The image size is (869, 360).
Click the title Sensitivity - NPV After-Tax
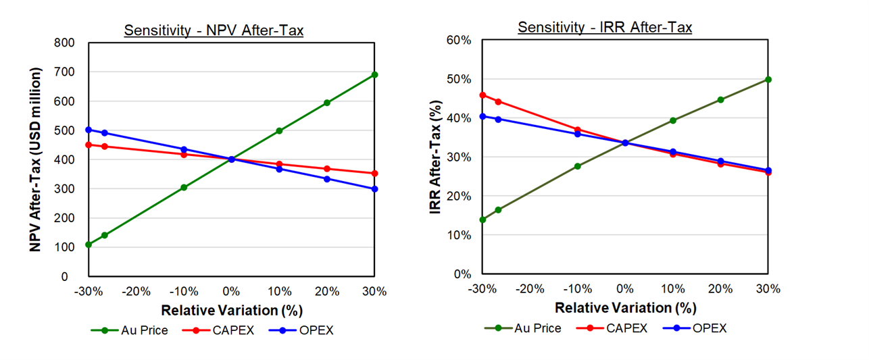click(214, 30)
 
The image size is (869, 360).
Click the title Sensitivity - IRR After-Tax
click(605, 27)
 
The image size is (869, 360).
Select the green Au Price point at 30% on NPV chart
click(375, 74)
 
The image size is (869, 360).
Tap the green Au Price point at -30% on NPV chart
click(89, 245)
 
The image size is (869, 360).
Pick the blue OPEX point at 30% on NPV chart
click(375, 189)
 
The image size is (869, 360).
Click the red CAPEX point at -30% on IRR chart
click(482, 95)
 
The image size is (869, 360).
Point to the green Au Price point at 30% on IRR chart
click(768, 79)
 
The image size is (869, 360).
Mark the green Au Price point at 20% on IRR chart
click(720, 99)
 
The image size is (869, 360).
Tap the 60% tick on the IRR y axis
click(459, 40)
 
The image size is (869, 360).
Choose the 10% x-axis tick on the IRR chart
click(672, 289)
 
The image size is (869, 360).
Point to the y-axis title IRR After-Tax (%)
click(436, 157)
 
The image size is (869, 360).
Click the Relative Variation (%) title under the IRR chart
click(625, 308)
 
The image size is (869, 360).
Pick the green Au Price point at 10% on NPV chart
click(279, 131)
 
